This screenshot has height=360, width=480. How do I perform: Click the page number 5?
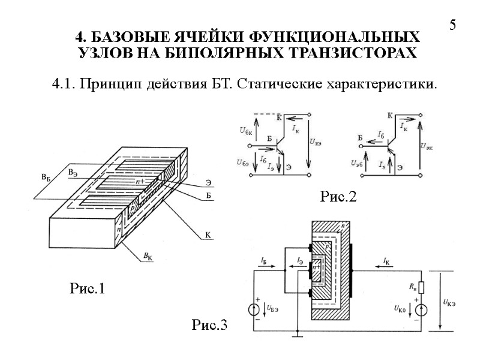click(x=453, y=25)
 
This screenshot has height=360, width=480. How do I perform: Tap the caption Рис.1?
click(x=88, y=289)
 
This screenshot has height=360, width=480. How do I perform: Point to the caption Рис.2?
click(x=338, y=196)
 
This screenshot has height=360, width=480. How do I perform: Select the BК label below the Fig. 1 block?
click(x=147, y=256)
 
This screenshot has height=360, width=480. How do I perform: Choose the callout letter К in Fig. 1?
click(x=208, y=236)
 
